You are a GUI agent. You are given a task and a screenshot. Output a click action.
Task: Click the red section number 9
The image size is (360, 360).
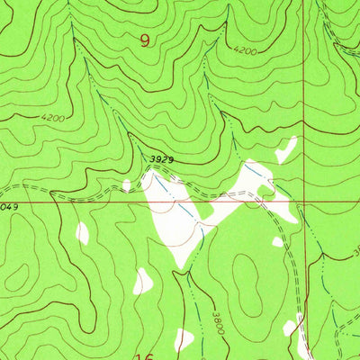coord(146,40)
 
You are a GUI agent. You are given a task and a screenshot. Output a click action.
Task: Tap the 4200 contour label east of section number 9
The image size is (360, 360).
coord(243,52)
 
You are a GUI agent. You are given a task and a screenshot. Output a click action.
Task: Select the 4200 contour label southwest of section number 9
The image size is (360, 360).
coord(52,118)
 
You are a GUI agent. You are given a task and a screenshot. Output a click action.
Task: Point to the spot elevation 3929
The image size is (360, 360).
coord(161,159)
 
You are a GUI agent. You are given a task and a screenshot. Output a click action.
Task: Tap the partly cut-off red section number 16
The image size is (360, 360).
coord(144,356)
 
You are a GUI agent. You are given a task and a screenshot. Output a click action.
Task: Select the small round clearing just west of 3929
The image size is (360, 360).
coord(127,185)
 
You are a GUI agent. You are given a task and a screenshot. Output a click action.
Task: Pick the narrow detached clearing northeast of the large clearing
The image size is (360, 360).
coord(286,148)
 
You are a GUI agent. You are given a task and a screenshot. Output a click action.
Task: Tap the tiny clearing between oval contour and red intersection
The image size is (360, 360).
coord(277,241)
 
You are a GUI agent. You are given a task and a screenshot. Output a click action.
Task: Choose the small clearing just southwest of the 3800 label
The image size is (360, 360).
coord(184,340)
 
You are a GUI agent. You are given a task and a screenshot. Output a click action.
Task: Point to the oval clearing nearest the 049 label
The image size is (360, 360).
coord(82,233)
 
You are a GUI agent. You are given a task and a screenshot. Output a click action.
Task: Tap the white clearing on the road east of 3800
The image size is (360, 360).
coord(290,327)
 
